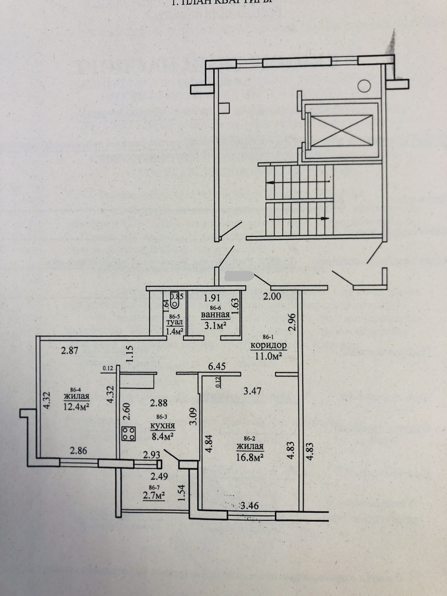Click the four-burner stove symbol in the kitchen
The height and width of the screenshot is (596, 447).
tap(128, 434)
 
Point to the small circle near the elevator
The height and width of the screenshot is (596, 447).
tap(364, 86)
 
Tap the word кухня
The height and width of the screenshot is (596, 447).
tap(163, 426)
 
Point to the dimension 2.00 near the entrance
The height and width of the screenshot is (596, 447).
tap(272, 296)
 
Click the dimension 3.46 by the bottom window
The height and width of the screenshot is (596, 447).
tap(249, 506)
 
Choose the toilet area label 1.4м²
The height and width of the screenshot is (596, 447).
tap(175, 331)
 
